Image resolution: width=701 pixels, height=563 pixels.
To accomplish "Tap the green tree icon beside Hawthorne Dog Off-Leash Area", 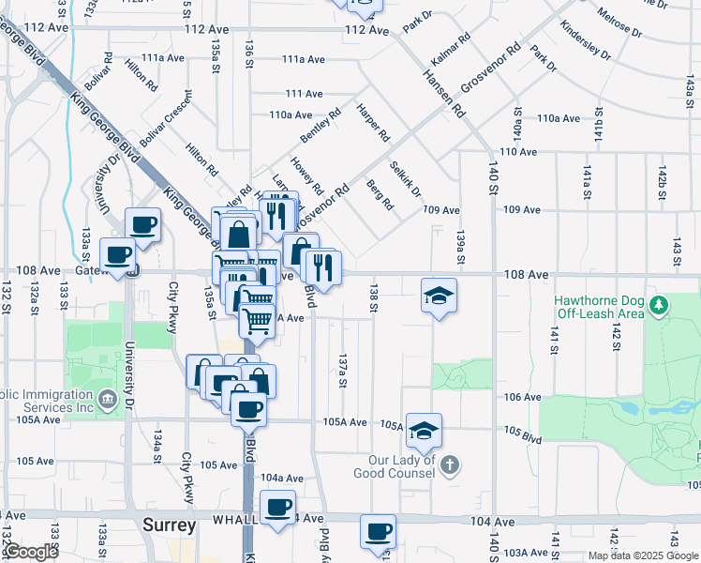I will [661, 305].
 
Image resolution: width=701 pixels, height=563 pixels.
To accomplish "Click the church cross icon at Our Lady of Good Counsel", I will [450, 464].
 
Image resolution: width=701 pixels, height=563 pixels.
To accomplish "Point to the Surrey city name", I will [169, 525].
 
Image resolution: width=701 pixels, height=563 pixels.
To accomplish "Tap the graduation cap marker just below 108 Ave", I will [439, 296].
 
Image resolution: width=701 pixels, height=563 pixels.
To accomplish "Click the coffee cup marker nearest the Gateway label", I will [118, 254].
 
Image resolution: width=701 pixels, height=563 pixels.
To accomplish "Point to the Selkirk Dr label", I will [406, 178].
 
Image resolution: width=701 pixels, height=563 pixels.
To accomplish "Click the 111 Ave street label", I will [304, 94].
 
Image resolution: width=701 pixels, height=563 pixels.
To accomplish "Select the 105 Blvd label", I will [523, 435].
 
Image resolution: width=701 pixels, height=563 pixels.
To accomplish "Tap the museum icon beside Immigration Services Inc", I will [107, 400].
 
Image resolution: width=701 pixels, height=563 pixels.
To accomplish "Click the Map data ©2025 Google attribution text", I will [642, 555].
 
